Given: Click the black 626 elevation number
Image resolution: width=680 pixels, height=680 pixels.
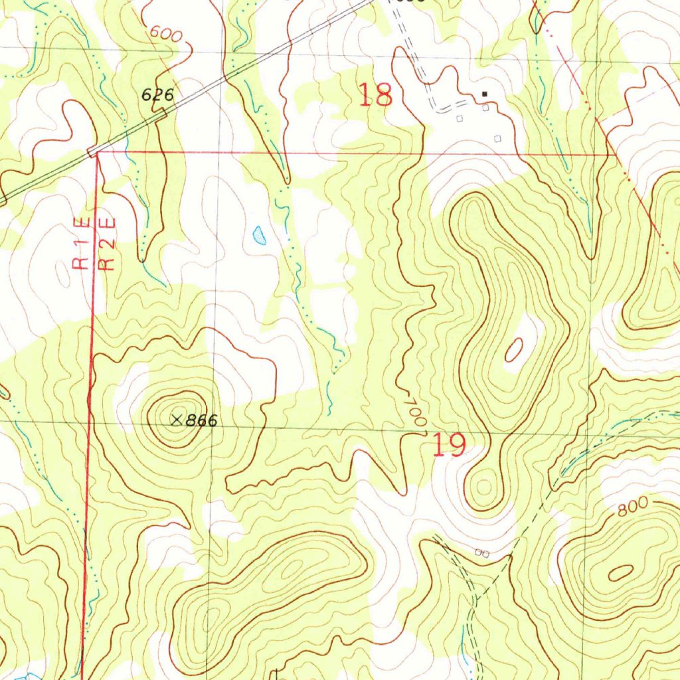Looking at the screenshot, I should point(157,95).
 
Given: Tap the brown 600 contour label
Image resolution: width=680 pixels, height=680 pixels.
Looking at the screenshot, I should point(165,35).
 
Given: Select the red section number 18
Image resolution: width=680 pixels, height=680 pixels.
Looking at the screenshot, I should point(376,95).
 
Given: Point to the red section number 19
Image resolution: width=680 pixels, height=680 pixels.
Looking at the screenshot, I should point(449,445).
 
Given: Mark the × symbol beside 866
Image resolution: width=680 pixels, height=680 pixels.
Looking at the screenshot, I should point(176,419).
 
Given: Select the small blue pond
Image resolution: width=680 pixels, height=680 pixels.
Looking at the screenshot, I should point(259,234).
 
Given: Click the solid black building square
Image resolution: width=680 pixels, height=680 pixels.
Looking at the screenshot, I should point(485,94).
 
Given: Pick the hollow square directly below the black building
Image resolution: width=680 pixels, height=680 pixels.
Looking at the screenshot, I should point(485,108).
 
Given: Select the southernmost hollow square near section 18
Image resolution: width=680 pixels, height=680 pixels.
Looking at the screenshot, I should point(498,138).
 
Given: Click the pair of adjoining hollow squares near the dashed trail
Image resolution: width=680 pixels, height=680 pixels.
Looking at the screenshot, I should point(483,552).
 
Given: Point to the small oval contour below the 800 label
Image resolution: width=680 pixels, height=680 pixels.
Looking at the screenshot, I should point(622,572).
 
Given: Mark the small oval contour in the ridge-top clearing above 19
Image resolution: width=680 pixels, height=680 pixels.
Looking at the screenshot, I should point(514,350).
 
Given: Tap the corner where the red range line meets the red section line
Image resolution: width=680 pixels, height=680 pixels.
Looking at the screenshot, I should point(97,153).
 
